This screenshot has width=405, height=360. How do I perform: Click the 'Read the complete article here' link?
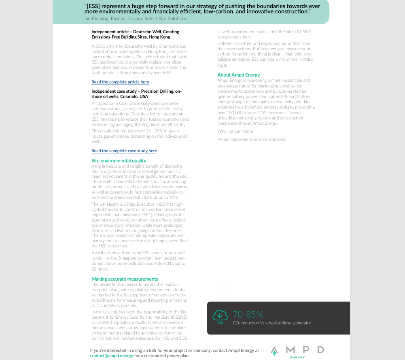(x=120, y=82)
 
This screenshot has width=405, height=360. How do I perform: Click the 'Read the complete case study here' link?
(x=124, y=151)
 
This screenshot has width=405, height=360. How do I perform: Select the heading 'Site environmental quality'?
(x=119, y=161)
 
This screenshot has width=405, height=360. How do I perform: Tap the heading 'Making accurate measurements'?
(x=125, y=279)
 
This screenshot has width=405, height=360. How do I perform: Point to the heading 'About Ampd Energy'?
(x=239, y=75)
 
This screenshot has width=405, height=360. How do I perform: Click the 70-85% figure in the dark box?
(x=248, y=314)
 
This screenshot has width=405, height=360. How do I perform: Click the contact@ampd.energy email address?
(x=112, y=356)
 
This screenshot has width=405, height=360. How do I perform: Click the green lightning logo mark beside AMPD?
(x=274, y=351)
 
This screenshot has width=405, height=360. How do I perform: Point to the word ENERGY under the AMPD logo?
(x=297, y=358)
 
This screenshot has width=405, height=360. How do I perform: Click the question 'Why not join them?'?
(x=235, y=131)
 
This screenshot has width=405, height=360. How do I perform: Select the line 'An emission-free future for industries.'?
(x=252, y=139)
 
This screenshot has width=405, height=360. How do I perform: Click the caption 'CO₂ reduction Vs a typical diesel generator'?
(x=272, y=323)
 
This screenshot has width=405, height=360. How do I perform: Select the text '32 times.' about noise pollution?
(x=100, y=269)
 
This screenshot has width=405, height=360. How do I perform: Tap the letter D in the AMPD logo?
(x=320, y=349)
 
